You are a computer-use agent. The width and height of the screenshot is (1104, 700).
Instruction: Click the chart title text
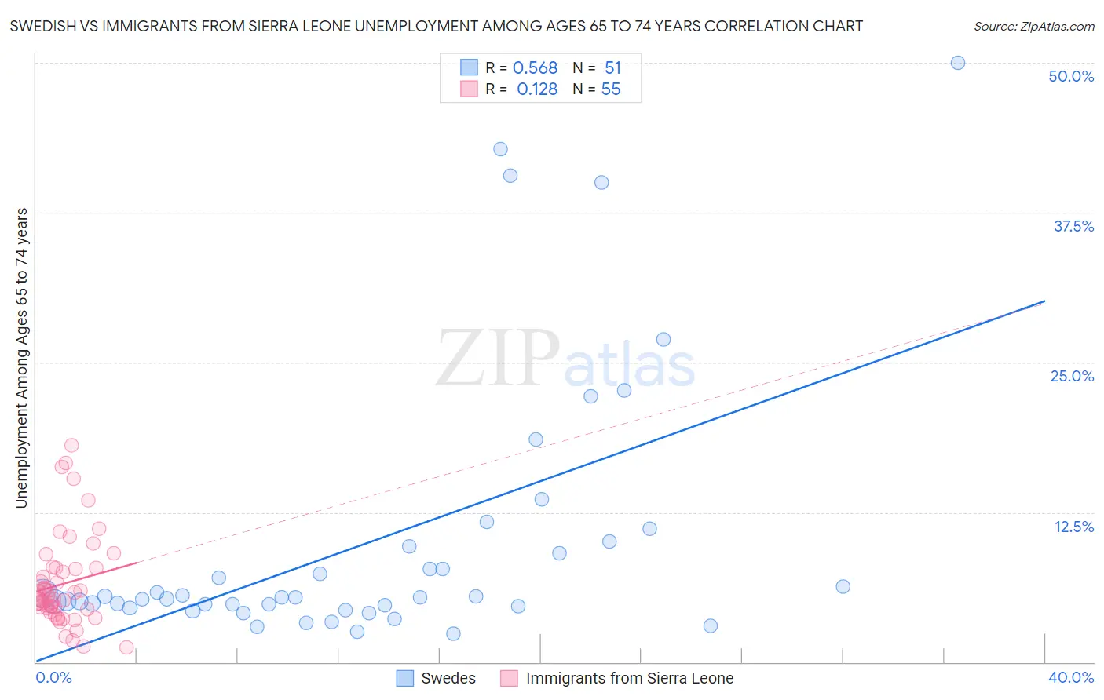(x=436, y=26)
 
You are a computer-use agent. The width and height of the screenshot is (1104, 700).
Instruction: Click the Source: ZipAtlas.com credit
(x=1033, y=26)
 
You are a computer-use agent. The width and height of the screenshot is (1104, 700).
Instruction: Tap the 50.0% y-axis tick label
(x=1071, y=76)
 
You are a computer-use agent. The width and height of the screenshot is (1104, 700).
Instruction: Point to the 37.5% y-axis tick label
(x=1073, y=226)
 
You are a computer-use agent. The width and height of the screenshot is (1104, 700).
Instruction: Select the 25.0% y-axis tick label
(x=1072, y=376)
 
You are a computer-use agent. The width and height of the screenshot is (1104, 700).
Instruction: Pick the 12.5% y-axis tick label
(x=1073, y=527)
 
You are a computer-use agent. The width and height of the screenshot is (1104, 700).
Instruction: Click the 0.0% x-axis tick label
(x=54, y=677)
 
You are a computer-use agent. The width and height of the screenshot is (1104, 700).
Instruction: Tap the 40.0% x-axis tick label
(x=1071, y=677)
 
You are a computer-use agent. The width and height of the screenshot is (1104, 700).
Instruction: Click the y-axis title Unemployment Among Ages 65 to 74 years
(x=21, y=358)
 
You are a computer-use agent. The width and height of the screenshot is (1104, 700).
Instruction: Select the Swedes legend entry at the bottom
(x=437, y=678)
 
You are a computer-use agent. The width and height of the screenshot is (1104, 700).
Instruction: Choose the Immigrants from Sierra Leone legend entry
(x=617, y=678)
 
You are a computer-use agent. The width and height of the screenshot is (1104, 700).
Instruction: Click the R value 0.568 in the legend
(x=535, y=68)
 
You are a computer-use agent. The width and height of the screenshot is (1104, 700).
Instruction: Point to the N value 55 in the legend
(x=610, y=89)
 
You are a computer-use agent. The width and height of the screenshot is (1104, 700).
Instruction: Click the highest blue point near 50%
(x=958, y=63)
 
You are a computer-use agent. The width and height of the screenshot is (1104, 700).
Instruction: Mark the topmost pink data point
(x=71, y=446)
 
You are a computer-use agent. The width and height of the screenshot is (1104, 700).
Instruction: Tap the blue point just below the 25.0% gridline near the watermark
(x=624, y=390)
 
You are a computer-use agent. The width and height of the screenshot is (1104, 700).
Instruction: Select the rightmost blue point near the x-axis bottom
(x=711, y=625)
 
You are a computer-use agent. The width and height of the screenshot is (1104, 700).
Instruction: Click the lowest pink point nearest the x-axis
(x=126, y=647)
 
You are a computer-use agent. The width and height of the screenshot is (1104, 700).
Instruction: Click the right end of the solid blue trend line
(x=1044, y=301)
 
